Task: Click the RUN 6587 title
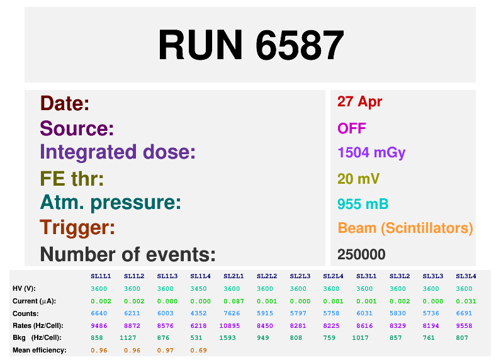coord(251,45)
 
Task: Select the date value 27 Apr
coord(359,102)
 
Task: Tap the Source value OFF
coord(351,128)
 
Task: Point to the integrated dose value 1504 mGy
coord(371,153)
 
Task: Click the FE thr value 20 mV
coord(358,179)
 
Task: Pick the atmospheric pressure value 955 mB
coord(363,204)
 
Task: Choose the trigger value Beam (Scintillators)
coord(405,228)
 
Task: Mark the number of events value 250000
coord(361,255)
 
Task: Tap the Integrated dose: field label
coord(118,152)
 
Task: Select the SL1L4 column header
coord(200,276)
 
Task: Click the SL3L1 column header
coord(366,276)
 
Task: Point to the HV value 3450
coord(198,289)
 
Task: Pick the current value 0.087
coord(234,301)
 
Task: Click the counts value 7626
coord(232,313)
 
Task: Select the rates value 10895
coord(229,326)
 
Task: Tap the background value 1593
coord(227,338)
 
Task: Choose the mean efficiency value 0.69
coord(198,351)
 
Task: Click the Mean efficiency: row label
coord(40,350)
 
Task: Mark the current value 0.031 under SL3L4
coord(466,301)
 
